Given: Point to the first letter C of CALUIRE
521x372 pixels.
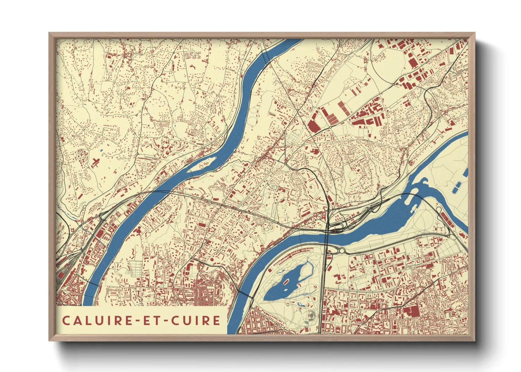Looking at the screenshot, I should coord(66,321).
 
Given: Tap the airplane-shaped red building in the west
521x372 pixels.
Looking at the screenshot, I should coord(96,162).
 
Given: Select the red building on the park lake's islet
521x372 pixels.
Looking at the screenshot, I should coord(286,281).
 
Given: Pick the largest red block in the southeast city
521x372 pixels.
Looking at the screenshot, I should coord(410,312).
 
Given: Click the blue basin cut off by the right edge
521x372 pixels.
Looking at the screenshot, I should coord(466,172).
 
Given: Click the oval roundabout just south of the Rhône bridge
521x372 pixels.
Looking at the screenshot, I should coord(341,251).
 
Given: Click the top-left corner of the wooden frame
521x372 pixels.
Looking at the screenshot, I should coord(50,33).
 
